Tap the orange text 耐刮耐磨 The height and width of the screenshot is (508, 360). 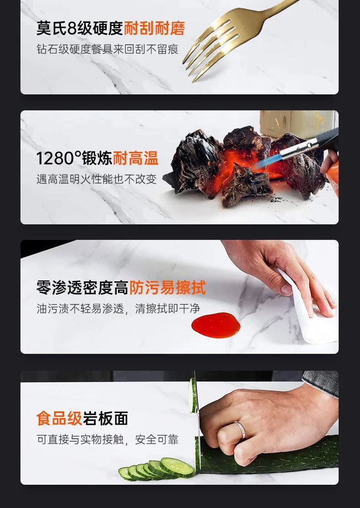coord(154,28)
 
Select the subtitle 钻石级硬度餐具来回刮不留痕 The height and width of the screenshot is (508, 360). coord(107,49)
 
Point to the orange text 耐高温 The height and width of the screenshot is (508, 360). coord(135,158)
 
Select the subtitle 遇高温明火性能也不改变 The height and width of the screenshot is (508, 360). coord(97,179)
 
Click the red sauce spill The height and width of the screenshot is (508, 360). coord(216,325)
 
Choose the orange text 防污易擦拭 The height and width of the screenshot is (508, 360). coord(168,287)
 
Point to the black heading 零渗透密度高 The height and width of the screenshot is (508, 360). coord(82,288)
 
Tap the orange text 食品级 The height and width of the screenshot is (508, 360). coord(59,418)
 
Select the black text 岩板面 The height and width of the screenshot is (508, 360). coord(105,418)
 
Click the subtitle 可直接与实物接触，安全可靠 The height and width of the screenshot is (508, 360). coord(108,440)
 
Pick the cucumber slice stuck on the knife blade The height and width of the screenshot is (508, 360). coord(192,395)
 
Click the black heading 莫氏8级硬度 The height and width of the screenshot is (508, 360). coord(80,28)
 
